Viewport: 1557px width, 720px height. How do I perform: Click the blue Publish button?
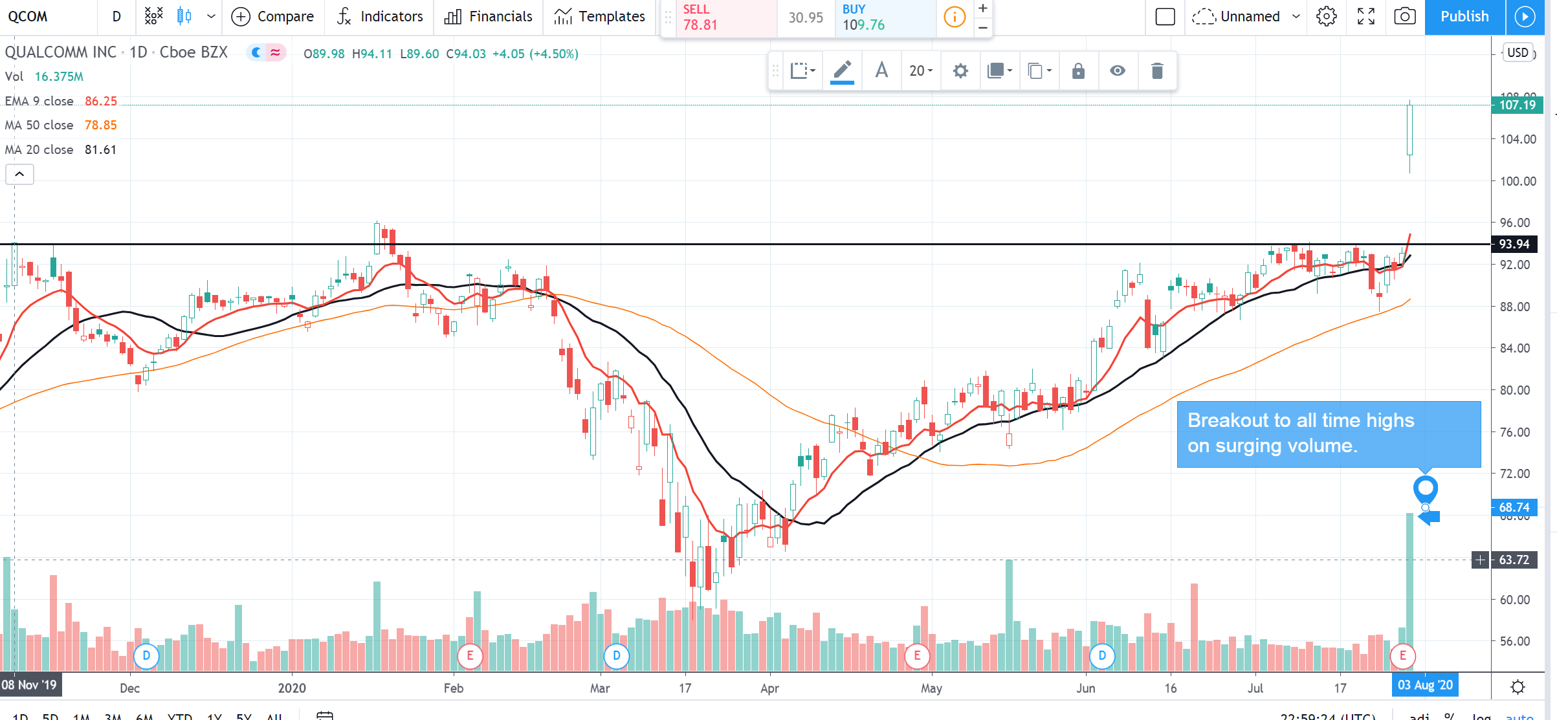tap(1464, 17)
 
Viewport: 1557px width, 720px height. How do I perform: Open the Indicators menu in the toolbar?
tap(380, 17)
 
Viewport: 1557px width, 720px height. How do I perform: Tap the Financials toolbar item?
tap(489, 17)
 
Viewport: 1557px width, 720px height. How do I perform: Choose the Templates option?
tap(600, 17)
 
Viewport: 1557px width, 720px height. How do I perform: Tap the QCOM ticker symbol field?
tap(28, 17)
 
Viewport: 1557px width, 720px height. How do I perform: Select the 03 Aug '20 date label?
tap(1425, 685)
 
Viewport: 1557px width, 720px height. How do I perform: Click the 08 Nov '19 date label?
tap(30, 685)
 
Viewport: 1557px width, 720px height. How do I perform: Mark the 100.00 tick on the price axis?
tap(1518, 181)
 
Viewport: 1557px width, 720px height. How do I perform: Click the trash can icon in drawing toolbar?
tap(1157, 71)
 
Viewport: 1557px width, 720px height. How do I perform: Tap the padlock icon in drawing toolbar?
tap(1078, 71)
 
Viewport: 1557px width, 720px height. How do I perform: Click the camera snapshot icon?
tap(1404, 17)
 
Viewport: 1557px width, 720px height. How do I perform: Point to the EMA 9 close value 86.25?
tap(101, 101)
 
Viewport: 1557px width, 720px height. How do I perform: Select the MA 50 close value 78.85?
tap(100, 125)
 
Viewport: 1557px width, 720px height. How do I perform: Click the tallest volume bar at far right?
tap(1409, 589)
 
